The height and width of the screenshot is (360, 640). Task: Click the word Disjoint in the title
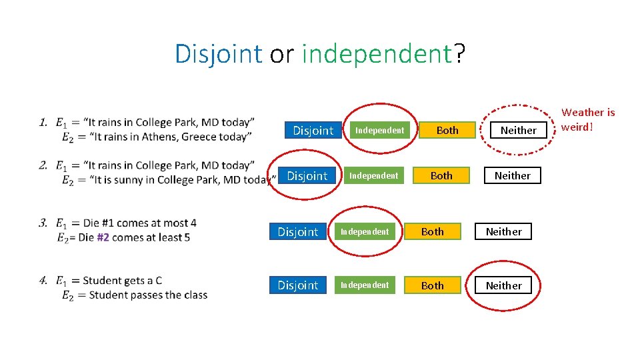(218, 54)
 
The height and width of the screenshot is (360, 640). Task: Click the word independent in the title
(377, 54)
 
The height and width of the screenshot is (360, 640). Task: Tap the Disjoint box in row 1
(313, 131)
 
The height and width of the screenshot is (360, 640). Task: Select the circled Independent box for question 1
(379, 131)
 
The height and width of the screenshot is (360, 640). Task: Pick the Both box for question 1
(447, 131)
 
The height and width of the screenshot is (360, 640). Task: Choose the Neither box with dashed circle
(518, 131)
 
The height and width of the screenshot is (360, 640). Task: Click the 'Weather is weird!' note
(588, 119)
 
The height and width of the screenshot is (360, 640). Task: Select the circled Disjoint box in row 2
(307, 176)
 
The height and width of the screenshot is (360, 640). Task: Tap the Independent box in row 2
(374, 176)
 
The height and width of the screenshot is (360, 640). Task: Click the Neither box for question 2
(512, 176)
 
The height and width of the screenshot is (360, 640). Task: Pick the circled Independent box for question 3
(365, 232)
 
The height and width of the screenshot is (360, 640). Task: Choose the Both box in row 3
(432, 232)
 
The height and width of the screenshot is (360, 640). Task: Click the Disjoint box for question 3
(297, 232)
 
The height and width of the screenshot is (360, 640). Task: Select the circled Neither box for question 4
(503, 285)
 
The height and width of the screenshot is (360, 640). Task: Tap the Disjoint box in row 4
(297, 285)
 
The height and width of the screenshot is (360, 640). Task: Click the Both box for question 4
(432, 285)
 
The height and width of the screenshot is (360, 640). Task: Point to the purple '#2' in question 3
(103, 237)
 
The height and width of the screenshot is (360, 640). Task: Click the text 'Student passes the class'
(148, 295)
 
